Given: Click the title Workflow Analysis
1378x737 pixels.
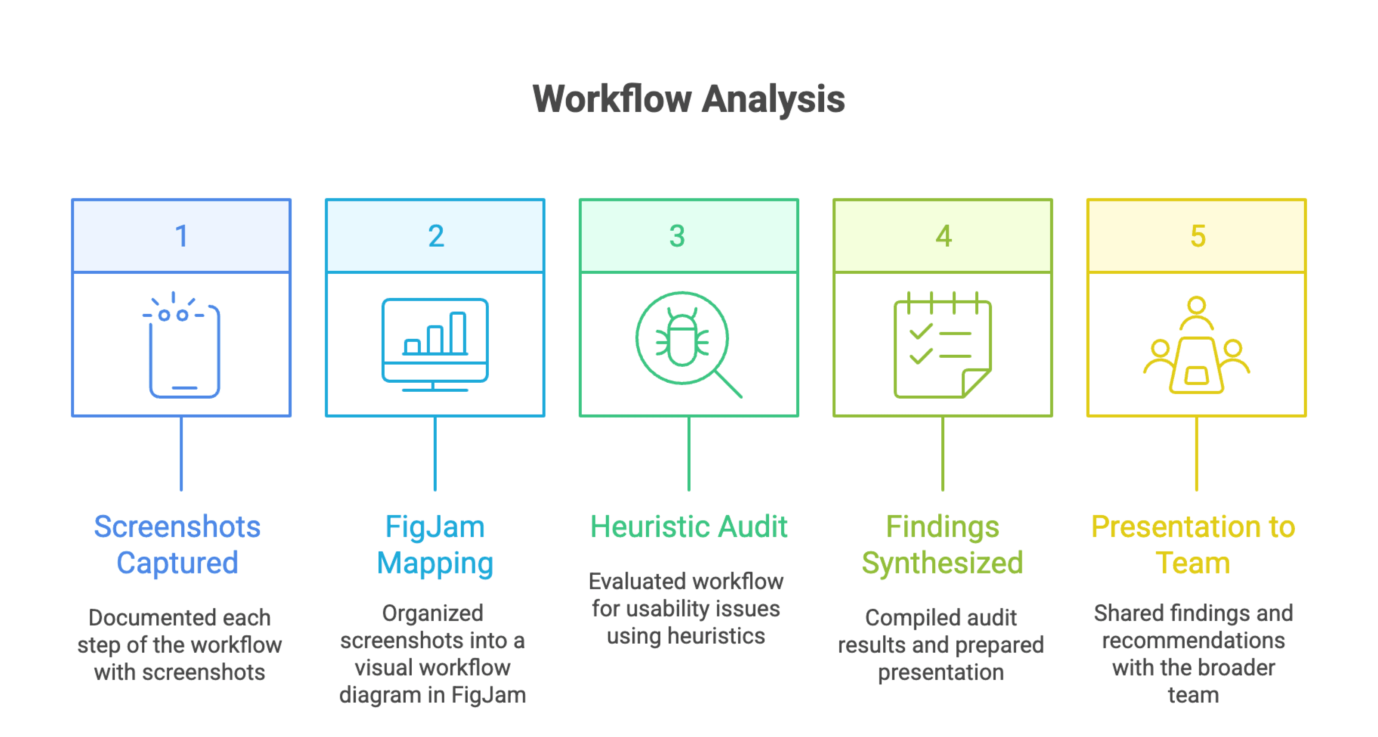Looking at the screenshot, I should pos(689,99).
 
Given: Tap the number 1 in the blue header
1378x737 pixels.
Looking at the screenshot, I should pos(181,236).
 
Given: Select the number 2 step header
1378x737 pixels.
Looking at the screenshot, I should pos(435,236).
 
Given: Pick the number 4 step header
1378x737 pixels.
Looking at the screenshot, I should pos(943,236).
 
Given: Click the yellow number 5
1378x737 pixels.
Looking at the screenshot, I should pos(1197,236).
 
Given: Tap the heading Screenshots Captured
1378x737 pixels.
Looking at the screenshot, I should pos(177,545).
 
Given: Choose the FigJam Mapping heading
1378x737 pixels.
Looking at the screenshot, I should pos(435,545).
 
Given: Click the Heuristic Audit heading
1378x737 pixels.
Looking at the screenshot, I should pos(689,527).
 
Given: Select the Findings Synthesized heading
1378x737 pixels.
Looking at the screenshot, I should pos(942,545).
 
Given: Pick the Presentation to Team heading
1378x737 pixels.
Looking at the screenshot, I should pos(1193,545).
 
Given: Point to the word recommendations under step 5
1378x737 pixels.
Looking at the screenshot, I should pos(1193,641).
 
